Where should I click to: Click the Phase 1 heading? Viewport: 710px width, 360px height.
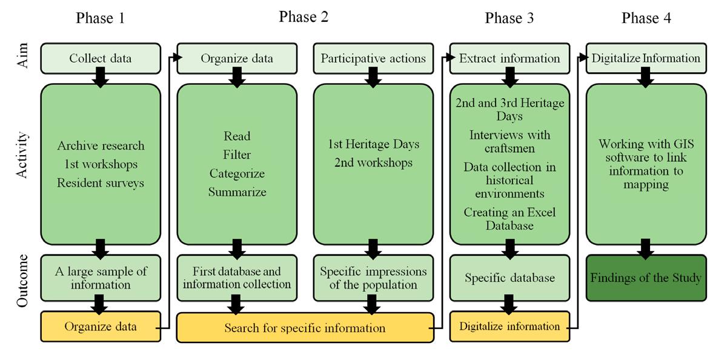(x=100, y=18)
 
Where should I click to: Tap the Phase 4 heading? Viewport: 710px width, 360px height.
(x=646, y=18)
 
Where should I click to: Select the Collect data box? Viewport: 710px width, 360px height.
(x=101, y=58)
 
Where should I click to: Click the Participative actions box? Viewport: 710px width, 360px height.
(x=373, y=58)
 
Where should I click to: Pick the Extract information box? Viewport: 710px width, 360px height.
(x=510, y=58)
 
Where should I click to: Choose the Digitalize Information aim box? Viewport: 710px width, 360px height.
(x=646, y=58)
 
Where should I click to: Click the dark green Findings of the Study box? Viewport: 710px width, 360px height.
(x=646, y=278)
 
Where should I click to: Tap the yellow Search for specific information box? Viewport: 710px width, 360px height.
(x=305, y=327)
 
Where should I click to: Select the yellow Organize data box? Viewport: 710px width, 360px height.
(x=101, y=327)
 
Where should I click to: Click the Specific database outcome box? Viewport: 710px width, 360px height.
(x=510, y=278)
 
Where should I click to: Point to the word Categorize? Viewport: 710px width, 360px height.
(x=237, y=173)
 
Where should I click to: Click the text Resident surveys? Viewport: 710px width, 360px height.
(x=101, y=183)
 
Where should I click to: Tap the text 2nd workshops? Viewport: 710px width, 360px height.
(x=374, y=162)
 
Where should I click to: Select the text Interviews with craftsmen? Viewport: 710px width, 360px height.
(x=510, y=141)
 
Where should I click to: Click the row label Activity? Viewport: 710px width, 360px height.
(x=22, y=155)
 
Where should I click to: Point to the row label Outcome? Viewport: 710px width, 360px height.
(x=22, y=281)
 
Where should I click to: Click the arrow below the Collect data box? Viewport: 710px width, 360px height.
(x=101, y=78)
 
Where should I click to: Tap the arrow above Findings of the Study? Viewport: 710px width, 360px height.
(x=646, y=248)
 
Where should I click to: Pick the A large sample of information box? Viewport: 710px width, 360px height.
(x=101, y=278)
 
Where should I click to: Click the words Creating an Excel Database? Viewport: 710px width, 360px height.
(x=510, y=219)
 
